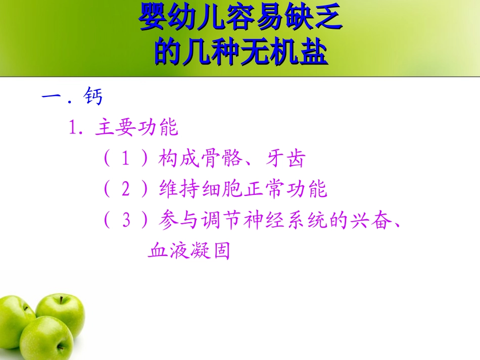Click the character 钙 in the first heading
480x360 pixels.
94,96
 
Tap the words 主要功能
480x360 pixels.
136,128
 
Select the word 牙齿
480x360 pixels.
285,159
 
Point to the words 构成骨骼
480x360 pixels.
201,159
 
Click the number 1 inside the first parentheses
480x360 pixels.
126,159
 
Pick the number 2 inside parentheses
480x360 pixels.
126,190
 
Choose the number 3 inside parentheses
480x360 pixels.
126,221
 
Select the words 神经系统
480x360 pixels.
297,221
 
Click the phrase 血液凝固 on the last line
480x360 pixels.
189,250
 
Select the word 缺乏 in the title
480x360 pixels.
320,19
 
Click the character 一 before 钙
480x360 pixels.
52,96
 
